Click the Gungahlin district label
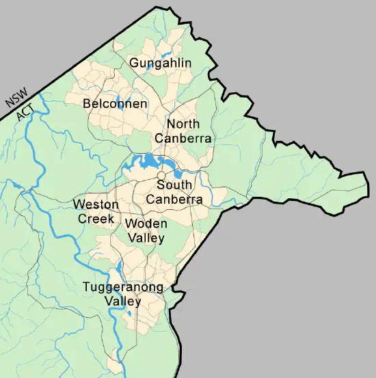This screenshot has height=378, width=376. (161, 64)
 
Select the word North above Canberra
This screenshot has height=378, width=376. (183, 124)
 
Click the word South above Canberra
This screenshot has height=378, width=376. (174, 185)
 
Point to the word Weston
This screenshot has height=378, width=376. (96, 204)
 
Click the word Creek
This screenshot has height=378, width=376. (95, 219)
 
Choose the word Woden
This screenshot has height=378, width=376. (145, 224)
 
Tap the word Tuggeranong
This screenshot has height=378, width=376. (123, 287)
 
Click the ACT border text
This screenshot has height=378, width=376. (25, 113)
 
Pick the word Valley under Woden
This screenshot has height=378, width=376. (145, 238)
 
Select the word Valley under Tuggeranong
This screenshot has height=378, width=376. (123, 301)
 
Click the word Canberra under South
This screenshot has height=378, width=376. (174, 200)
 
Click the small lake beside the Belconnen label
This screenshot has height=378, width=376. (123, 96)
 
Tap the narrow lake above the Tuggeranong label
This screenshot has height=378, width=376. (120, 269)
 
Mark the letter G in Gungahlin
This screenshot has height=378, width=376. (134, 64)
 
